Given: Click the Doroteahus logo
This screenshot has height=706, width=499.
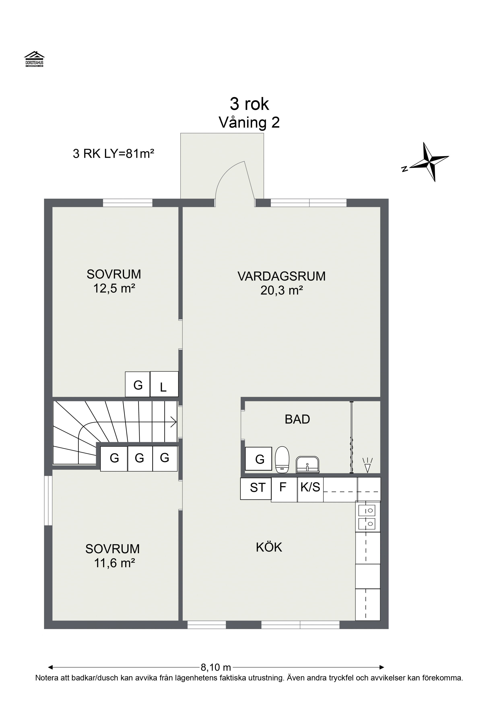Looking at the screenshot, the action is pyautogui.click(x=34, y=59).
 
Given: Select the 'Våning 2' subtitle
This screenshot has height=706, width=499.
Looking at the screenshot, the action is pyautogui.click(x=249, y=122).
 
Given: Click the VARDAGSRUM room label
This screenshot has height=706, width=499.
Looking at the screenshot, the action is pyautogui.click(x=282, y=276).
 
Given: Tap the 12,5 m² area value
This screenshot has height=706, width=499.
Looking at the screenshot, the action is pyautogui.click(x=114, y=288).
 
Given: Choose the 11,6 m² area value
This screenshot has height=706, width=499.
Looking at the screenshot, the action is pyautogui.click(x=114, y=563).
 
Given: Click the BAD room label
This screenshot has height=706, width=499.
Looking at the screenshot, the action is pyautogui.click(x=297, y=419).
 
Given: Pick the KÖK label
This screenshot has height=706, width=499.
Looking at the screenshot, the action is pyautogui.click(x=269, y=547).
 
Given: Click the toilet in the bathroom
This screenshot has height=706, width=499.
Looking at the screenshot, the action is pyautogui.click(x=282, y=459).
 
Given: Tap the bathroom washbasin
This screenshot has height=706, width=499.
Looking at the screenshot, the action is pyautogui.click(x=307, y=464).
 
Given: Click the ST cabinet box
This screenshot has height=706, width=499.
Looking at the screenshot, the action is pyautogui.click(x=256, y=488).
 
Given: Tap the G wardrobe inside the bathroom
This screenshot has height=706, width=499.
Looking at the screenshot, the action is pyautogui.click(x=259, y=459).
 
